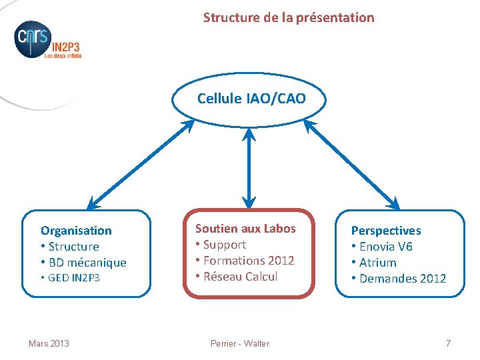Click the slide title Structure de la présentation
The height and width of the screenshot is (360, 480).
(289, 17)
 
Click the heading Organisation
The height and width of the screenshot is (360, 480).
(76, 231)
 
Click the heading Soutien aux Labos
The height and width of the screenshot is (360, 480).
(245, 229)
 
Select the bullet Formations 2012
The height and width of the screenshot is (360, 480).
(245, 260)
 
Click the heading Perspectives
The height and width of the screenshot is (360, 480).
(386, 231)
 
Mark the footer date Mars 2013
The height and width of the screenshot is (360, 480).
(49, 343)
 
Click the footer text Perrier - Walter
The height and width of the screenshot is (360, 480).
(240, 343)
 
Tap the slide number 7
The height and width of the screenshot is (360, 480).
(448, 343)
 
